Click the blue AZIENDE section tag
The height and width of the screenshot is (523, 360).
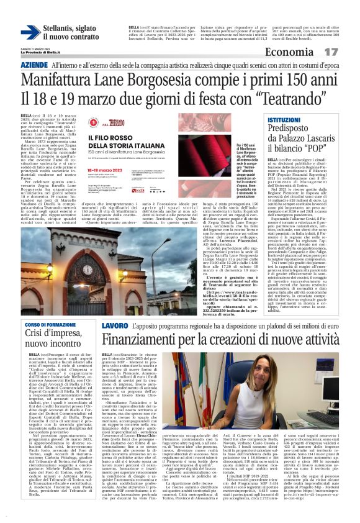click(x=34, y=65)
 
